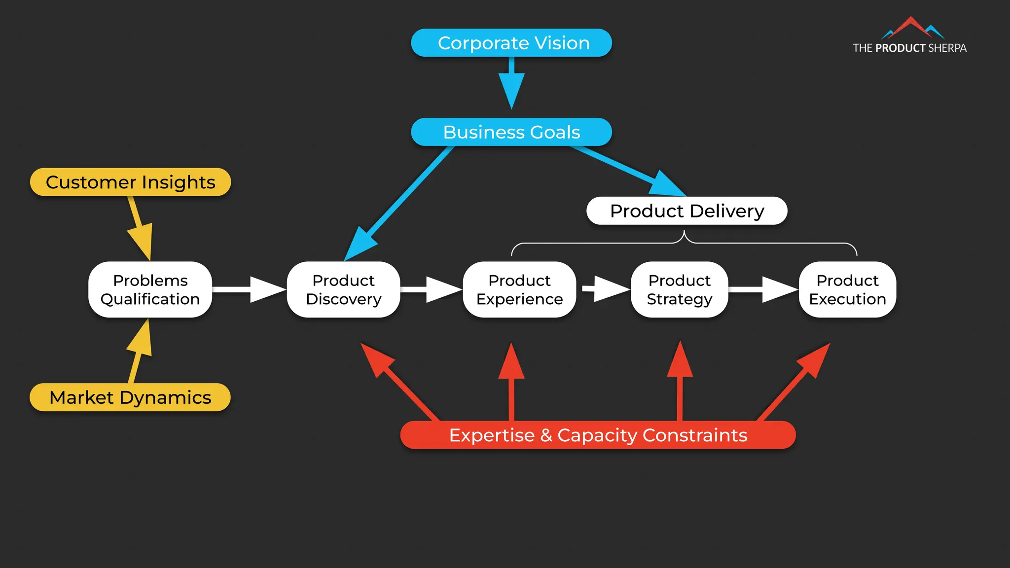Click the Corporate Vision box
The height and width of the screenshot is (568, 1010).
tap(511, 43)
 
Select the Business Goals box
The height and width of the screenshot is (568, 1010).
tap(511, 132)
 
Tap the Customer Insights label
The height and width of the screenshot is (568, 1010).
tap(130, 182)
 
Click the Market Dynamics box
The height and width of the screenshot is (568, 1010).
tap(130, 397)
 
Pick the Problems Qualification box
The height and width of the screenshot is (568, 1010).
tap(150, 289)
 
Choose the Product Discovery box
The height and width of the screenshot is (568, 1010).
tap(343, 289)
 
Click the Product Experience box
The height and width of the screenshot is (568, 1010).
tap(519, 289)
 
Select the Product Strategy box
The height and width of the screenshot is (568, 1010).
tap(679, 289)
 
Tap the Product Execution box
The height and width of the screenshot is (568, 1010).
tap(847, 289)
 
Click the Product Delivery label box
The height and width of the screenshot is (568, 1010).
tap(686, 211)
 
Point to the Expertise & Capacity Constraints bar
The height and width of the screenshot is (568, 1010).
tap(598, 435)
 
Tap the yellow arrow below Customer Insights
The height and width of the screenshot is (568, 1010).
tap(140, 227)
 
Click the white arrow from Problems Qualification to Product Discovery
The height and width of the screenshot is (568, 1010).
tap(249, 289)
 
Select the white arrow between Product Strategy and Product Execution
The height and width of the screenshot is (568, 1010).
tap(763, 289)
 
